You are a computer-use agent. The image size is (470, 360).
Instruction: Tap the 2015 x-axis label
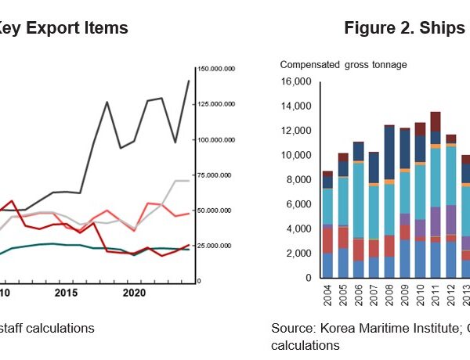67,293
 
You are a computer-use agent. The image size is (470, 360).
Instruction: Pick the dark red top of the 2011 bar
435,121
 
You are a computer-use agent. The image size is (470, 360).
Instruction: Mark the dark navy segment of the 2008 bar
389,152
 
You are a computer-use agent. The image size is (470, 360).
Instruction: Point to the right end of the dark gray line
189,81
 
